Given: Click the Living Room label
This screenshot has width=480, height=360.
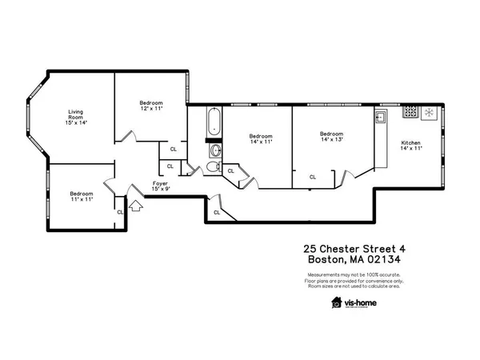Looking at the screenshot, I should pyautogui.click(x=76, y=117).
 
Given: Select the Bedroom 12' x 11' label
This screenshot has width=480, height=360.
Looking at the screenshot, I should pyautogui.click(x=151, y=105).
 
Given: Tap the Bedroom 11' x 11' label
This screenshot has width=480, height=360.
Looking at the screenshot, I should pyautogui.click(x=81, y=196).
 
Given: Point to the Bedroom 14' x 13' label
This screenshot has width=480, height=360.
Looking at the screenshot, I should pyautogui.click(x=331, y=137).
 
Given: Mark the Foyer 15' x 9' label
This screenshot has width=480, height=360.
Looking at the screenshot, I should pyautogui.click(x=160, y=186).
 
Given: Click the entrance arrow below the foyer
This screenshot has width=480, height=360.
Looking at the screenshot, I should pyautogui.click(x=134, y=206).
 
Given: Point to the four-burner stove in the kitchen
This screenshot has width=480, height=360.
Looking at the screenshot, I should pyautogui.click(x=410, y=113).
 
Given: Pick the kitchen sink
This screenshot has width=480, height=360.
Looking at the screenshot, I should pyautogui.click(x=382, y=117).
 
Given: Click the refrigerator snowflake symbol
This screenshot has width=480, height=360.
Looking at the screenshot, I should pyautogui.click(x=428, y=113).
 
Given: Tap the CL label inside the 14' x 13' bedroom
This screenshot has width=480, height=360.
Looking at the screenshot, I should pyautogui.click(x=313, y=177).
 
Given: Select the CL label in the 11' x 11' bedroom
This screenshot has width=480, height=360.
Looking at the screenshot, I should pyautogui.click(x=120, y=212).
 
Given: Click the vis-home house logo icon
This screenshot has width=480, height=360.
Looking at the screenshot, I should pyautogui.click(x=337, y=302).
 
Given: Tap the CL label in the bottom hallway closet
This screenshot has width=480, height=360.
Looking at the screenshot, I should pyautogui.click(x=217, y=212).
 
